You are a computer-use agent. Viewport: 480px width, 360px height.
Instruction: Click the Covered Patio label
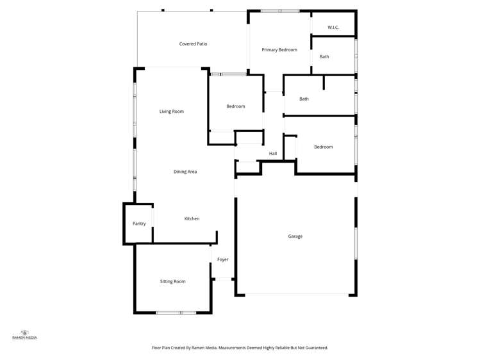click(x=193, y=44)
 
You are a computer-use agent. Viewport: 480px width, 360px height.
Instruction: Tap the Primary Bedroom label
click(x=279, y=49)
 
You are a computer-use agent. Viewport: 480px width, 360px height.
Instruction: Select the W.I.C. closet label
click(x=333, y=28)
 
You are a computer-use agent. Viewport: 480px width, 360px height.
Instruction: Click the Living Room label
click(x=172, y=111)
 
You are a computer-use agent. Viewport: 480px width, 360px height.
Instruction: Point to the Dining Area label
click(x=185, y=172)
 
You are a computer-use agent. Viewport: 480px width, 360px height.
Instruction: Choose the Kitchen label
click(x=192, y=219)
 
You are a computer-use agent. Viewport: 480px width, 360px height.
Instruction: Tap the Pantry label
click(x=139, y=224)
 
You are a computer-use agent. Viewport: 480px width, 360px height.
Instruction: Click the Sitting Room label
click(x=172, y=281)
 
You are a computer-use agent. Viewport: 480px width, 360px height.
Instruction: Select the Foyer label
click(x=222, y=259)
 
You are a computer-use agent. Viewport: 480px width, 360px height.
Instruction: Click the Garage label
click(x=295, y=236)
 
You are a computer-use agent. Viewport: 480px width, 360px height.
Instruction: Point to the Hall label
click(x=273, y=154)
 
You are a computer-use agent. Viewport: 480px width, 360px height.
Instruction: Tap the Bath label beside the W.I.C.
click(x=324, y=57)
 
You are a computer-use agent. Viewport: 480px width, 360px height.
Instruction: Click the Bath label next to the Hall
click(x=304, y=99)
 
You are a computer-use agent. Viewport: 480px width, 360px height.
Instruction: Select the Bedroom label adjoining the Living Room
click(x=235, y=106)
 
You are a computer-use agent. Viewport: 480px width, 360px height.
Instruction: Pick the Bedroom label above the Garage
click(x=323, y=147)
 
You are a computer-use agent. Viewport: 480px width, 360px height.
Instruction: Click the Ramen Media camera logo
click(x=25, y=332)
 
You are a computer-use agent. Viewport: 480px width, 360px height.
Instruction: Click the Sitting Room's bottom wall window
click(x=176, y=313)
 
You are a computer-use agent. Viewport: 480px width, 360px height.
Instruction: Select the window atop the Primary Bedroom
click(x=279, y=11)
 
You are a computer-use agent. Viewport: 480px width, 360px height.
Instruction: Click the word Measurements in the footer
click(x=236, y=347)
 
